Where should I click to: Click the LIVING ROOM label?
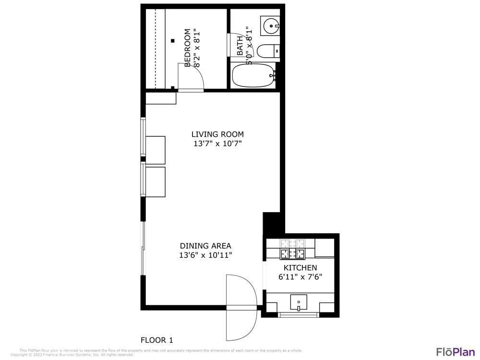coord(217,134)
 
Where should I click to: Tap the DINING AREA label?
coord(205,246)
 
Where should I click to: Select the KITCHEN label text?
coord(300,267)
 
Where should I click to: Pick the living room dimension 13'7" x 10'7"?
coord(217,144)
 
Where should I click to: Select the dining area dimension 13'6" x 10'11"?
coord(205,255)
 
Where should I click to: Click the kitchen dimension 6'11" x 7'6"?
coord(300,277)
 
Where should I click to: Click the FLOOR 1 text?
coord(156,340)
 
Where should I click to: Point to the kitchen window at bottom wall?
coord(298,315)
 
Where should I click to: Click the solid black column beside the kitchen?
coord(271,224)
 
